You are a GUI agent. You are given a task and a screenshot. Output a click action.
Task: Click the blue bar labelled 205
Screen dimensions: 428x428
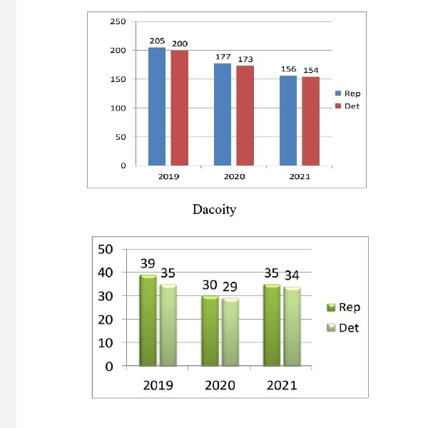click(157, 106)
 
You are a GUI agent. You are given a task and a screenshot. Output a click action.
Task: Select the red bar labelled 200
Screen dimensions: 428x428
click(180, 108)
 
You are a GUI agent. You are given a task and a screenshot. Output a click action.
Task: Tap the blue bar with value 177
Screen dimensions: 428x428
click(223, 114)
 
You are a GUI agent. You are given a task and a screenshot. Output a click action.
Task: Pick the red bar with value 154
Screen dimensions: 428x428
click(311, 121)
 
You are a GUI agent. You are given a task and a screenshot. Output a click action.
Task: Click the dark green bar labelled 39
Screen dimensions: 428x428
click(148, 320)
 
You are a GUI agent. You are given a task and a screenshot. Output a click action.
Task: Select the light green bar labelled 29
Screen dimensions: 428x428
click(230, 332)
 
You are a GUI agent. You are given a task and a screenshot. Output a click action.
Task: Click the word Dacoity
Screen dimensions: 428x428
click(214, 210)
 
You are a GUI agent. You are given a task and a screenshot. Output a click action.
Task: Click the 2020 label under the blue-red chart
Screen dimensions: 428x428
click(234, 176)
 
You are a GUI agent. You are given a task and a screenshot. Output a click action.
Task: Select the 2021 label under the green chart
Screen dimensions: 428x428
click(282, 386)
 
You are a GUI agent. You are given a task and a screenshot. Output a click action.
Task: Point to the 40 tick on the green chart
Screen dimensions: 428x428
click(106, 272)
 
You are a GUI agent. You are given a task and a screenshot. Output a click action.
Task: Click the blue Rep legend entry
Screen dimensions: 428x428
click(347, 93)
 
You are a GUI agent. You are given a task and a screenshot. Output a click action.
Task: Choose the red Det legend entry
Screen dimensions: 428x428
click(347, 106)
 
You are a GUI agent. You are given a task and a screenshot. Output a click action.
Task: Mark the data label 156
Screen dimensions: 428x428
click(288, 69)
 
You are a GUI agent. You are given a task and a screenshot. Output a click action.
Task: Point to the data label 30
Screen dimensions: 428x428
click(210, 285)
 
